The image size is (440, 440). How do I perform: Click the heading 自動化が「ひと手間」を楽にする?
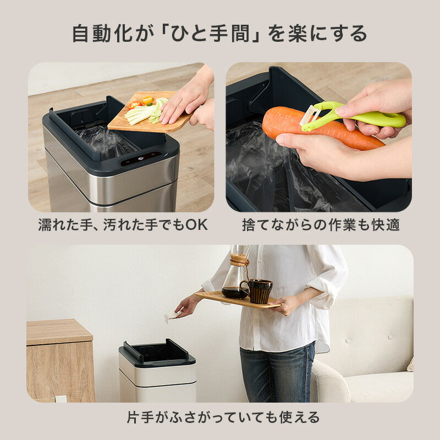[x=219, y=34]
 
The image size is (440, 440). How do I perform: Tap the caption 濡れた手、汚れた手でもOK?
[x=123, y=225]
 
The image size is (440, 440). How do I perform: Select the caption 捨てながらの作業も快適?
[x=321, y=225]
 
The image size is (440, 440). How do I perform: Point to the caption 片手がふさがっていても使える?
[x=220, y=416]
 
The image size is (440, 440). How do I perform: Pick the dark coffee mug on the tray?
[x=260, y=290]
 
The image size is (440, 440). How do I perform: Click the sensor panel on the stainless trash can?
[x=140, y=159]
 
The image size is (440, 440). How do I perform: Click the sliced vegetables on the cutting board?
[x=143, y=112]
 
